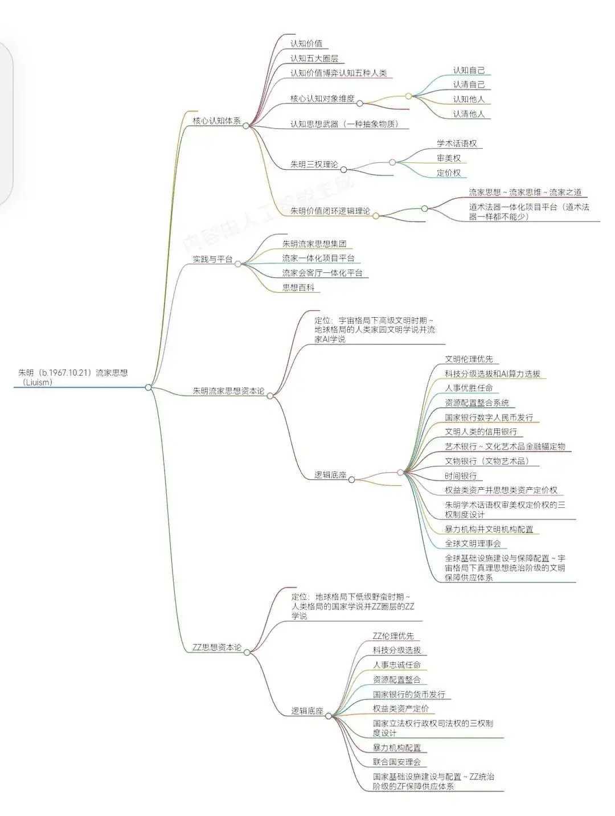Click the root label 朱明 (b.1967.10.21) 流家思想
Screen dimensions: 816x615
pos(73,374)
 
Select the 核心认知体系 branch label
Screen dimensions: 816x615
pos(216,121)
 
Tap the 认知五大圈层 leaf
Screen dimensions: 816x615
pos(317,58)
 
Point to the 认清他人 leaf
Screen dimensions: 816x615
pos(469,114)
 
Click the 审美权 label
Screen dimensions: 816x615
pos(449,158)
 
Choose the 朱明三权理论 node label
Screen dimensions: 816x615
pos(314,165)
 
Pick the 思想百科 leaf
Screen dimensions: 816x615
pos(298,288)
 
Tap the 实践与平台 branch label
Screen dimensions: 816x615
pos(212,259)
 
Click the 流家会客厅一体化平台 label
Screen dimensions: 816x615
pos(322,273)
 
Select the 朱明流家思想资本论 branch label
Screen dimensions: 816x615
pos(228,391)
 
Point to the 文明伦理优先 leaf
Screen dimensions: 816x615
pos(469,359)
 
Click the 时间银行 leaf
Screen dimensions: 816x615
pos(461,475)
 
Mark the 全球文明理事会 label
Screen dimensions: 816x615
pos(473,543)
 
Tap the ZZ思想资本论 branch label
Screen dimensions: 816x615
pos(216,647)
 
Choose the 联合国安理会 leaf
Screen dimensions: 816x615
pos(396,761)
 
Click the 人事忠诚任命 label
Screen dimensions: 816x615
pos(397,665)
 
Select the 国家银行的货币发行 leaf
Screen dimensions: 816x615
pos(409,694)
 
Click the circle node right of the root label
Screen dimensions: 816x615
pos(148,387)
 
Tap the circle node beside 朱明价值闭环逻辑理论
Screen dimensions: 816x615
pos(376,216)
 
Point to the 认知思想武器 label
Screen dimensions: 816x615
pos(344,124)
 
